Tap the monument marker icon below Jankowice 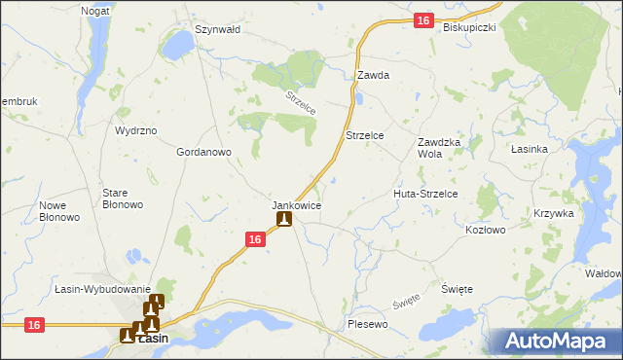click(x=283, y=219)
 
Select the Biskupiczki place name click(x=469, y=27)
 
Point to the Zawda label click(x=373, y=75)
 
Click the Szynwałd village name click(x=217, y=29)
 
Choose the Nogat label click(x=94, y=10)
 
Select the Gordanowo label click(x=202, y=152)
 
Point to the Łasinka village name click(x=531, y=149)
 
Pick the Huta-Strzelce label click(x=431, y=194)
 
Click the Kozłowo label click(x=486, y=230)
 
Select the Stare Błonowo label click(x=123, y=198)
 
